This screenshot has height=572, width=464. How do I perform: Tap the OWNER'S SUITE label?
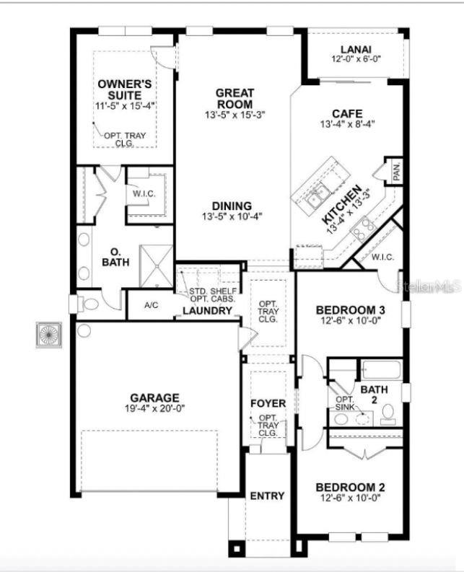click(126, 90)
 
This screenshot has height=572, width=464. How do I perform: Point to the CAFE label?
click(346, 113)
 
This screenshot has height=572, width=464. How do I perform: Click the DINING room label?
click(232, 205)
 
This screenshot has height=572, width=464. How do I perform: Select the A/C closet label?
click(151, 306)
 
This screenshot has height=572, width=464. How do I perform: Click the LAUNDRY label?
click(207, 312)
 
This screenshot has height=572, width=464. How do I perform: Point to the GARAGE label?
click(154, 397)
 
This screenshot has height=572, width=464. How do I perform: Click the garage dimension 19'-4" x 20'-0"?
click(154, 408)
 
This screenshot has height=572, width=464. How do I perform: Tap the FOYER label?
click(268, 402)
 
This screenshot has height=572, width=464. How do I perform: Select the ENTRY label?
click(267, 496)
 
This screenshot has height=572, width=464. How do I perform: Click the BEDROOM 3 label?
click(351, 310)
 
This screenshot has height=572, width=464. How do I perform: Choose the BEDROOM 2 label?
click(350, 488)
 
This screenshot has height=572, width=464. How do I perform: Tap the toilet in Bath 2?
click(388, 413)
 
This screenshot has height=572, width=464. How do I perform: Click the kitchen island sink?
click(318, 193)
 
